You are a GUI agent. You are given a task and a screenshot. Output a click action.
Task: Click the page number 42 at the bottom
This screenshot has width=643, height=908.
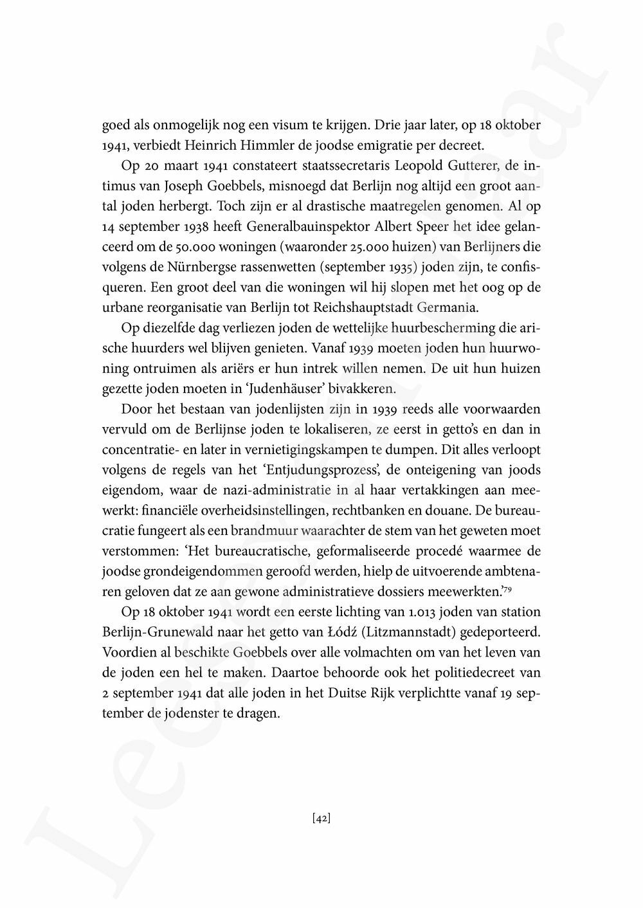[x=321, y=819]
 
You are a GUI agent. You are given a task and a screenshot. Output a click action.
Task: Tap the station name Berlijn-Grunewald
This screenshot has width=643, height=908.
[x=158, y=632]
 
